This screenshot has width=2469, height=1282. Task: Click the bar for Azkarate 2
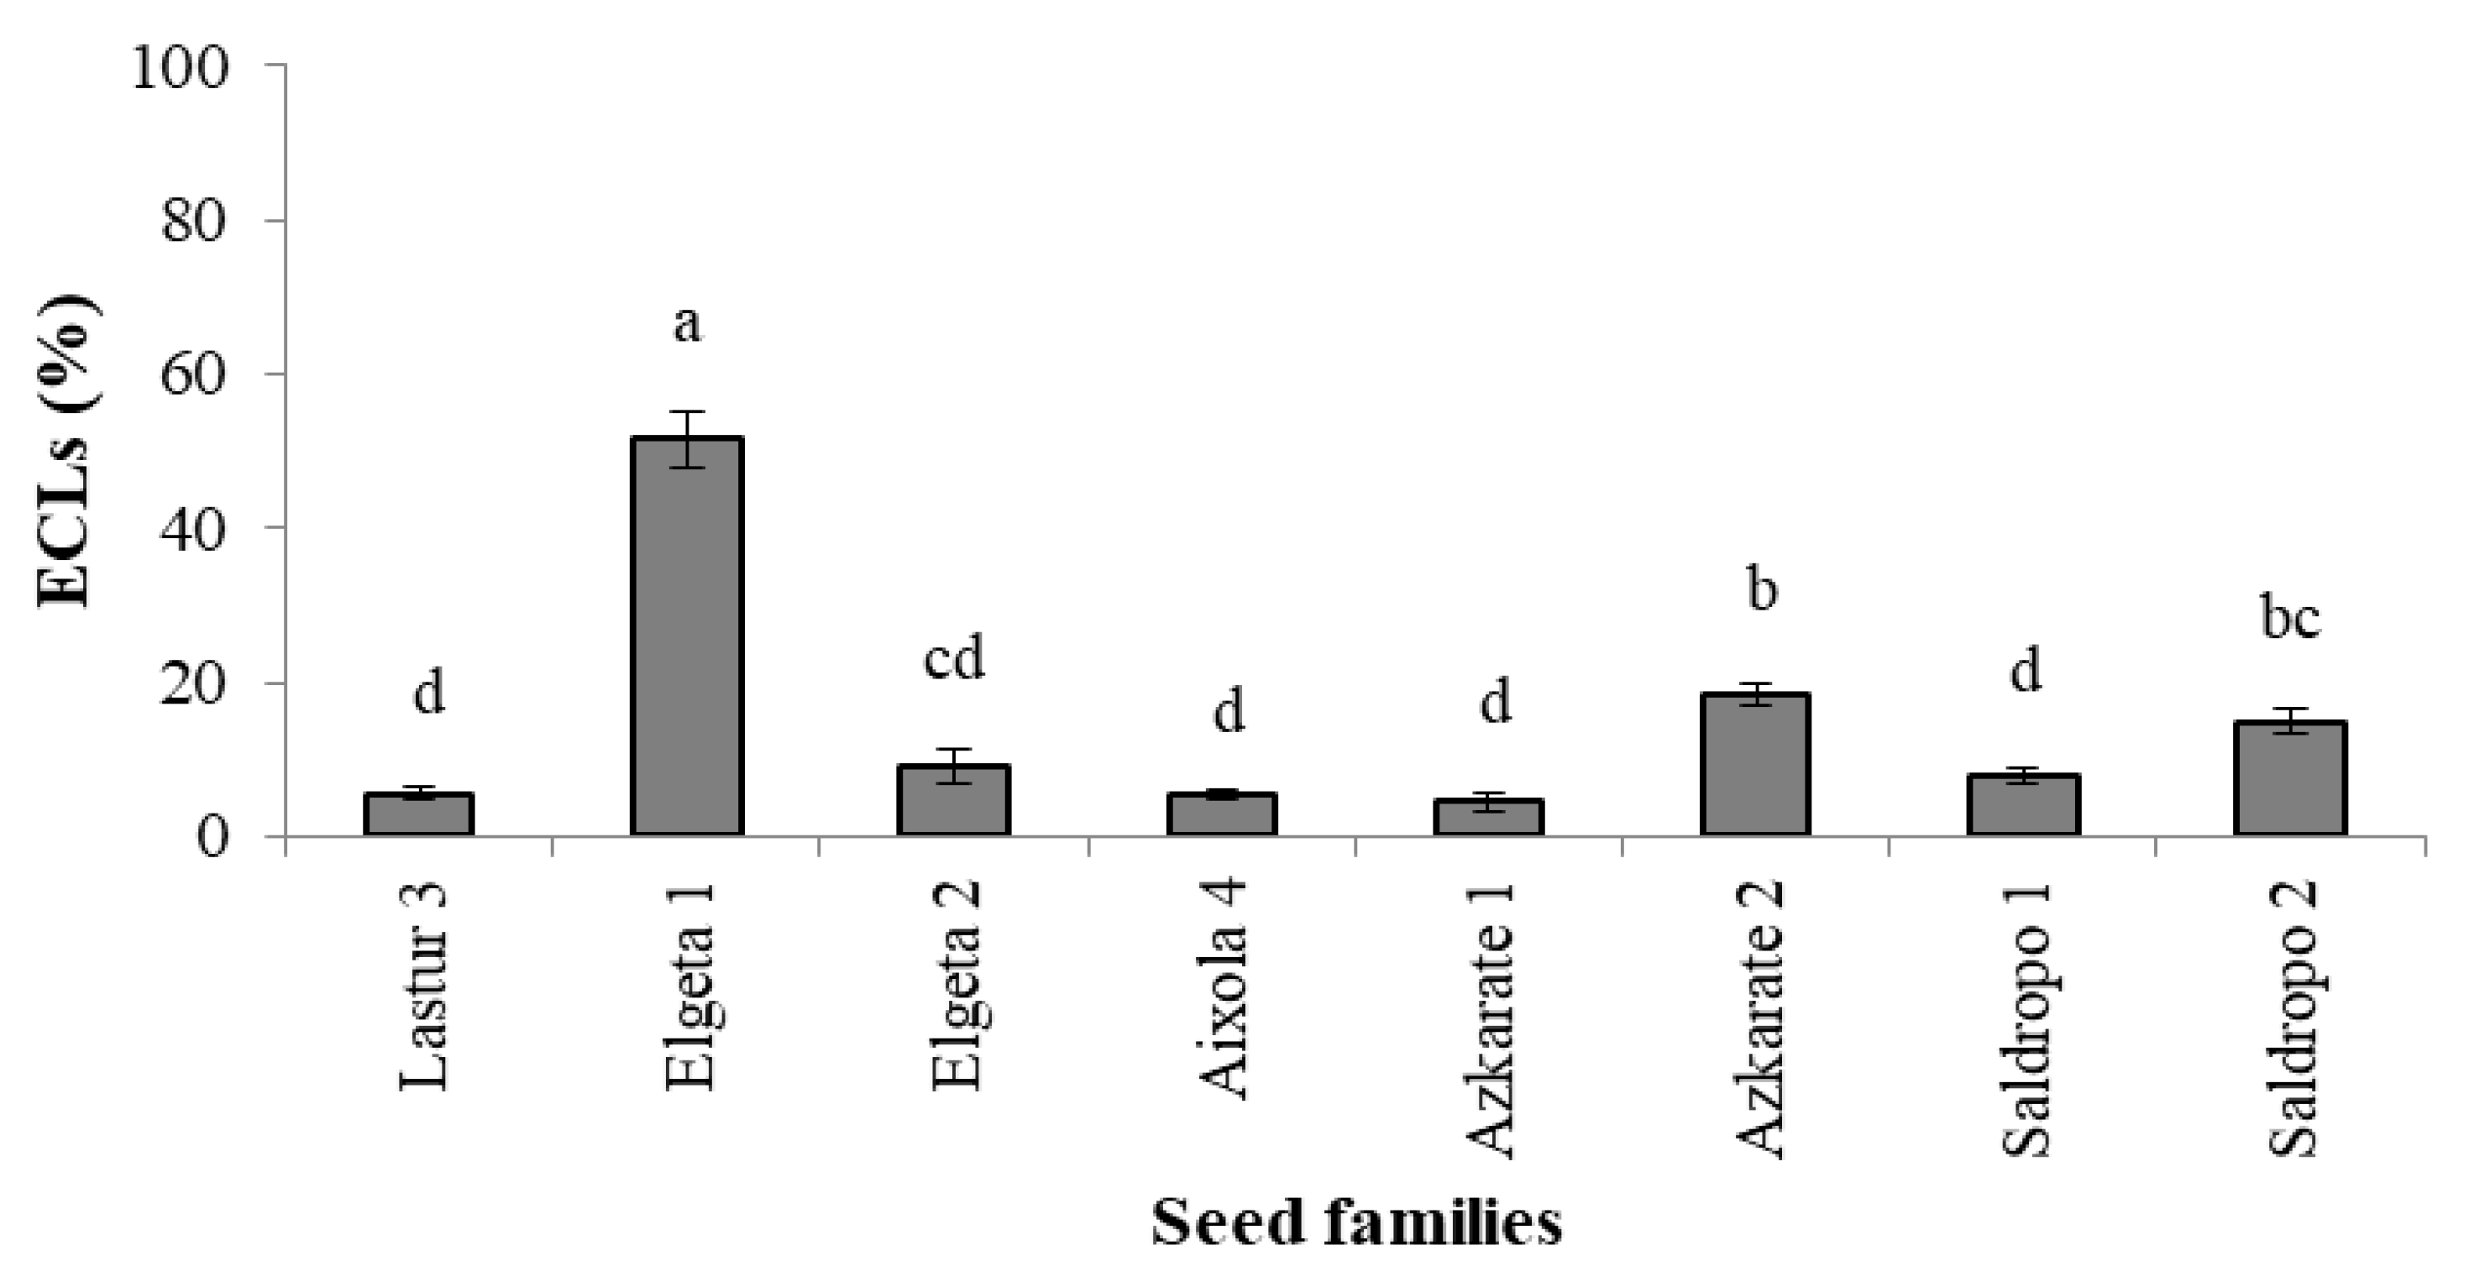(1755, 764)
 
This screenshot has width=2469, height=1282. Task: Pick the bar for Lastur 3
(419, 814)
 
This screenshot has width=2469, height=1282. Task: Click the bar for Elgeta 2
(954, 800)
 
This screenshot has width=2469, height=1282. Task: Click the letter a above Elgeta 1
(686, 324)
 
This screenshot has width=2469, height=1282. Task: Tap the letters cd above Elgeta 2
(954, 659)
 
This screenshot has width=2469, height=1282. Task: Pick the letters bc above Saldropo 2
(2290, 618)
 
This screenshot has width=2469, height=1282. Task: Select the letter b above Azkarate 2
(1762, 589)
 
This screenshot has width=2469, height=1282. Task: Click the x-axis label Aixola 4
(1223, 992)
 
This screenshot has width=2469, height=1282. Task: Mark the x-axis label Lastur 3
(422, 986)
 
